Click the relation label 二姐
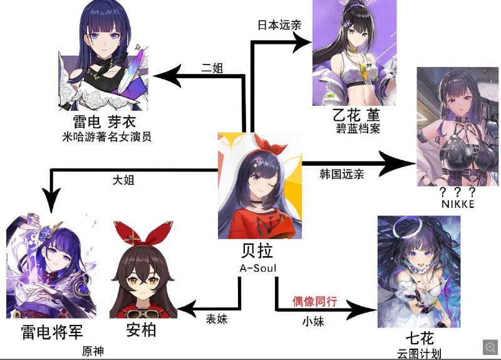click(212, 68)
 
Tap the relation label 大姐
click(123, 180)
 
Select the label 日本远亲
click(279, 25)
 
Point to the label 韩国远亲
click(342, 174)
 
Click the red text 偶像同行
click(315, 301)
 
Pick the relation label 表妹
click(217, 319)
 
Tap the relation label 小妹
click(313, 321)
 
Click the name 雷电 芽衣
click(105, 121)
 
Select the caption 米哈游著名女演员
click(106, 137)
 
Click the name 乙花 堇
click(356, 115)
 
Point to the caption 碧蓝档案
click(358, 129)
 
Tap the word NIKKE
click(458, 204)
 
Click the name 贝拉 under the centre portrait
click(257, 251)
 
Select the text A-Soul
click(258, 268)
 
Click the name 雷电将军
click(52, 332)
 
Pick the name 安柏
click(141, 330)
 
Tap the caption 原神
click(93, 351)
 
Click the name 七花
click(420, 338)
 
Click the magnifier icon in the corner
click(490, 347)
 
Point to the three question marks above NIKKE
click(458, 192)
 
